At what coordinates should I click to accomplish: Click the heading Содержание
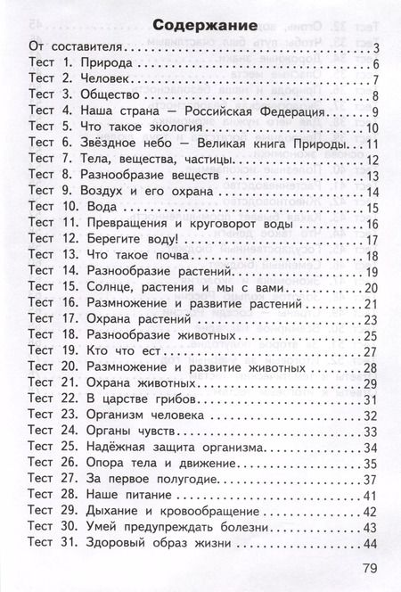pyautogui.click(x=199, y=23)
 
